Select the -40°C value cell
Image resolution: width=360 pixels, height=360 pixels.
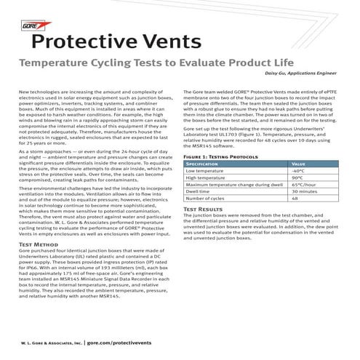[297, 171]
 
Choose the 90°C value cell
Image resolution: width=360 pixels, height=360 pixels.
[297, 177]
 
